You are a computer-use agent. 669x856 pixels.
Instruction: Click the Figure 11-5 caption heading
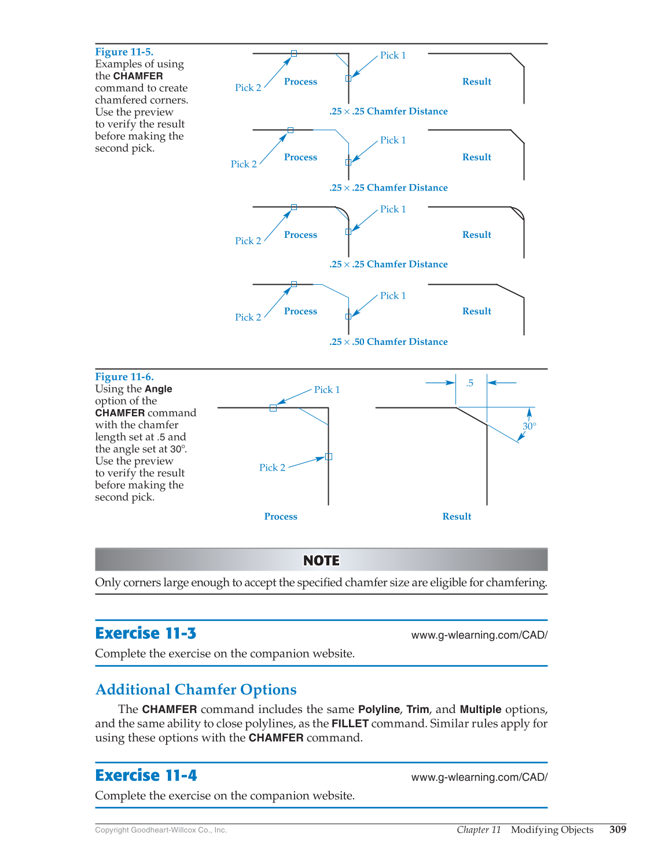[124, 52]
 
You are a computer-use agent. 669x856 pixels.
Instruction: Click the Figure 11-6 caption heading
[124, 377]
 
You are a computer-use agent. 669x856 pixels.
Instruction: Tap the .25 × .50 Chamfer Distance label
[388, 342]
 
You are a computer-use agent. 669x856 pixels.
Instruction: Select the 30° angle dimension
[529, 427]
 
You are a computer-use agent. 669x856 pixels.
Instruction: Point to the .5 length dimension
[470, 383]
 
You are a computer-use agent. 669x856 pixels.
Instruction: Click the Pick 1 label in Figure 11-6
[326, 390]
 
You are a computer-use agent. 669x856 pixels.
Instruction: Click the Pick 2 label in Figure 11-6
[272, 468]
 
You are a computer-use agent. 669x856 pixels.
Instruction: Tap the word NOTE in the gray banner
[321, 561]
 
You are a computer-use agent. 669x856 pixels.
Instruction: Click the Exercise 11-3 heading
[145, 634]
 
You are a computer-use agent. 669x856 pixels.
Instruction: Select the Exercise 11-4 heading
[146, 776]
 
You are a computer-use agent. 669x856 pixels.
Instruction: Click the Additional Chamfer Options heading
[196, 690]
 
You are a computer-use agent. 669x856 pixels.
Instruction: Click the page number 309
[617, 829]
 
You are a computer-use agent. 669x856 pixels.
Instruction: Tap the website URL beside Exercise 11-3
[479, 635]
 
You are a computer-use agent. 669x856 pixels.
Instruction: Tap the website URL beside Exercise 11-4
[479, 777]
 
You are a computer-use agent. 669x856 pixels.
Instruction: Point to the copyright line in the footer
[161, 830]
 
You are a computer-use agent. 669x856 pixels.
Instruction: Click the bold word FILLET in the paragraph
[350, 723]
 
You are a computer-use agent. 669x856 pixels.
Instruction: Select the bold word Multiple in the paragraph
[480, 710]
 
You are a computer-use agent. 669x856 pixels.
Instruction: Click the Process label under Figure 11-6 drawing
[281, 517]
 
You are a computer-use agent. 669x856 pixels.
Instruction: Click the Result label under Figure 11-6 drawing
[457, 517]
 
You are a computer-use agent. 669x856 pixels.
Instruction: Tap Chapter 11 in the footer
[479, 830]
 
